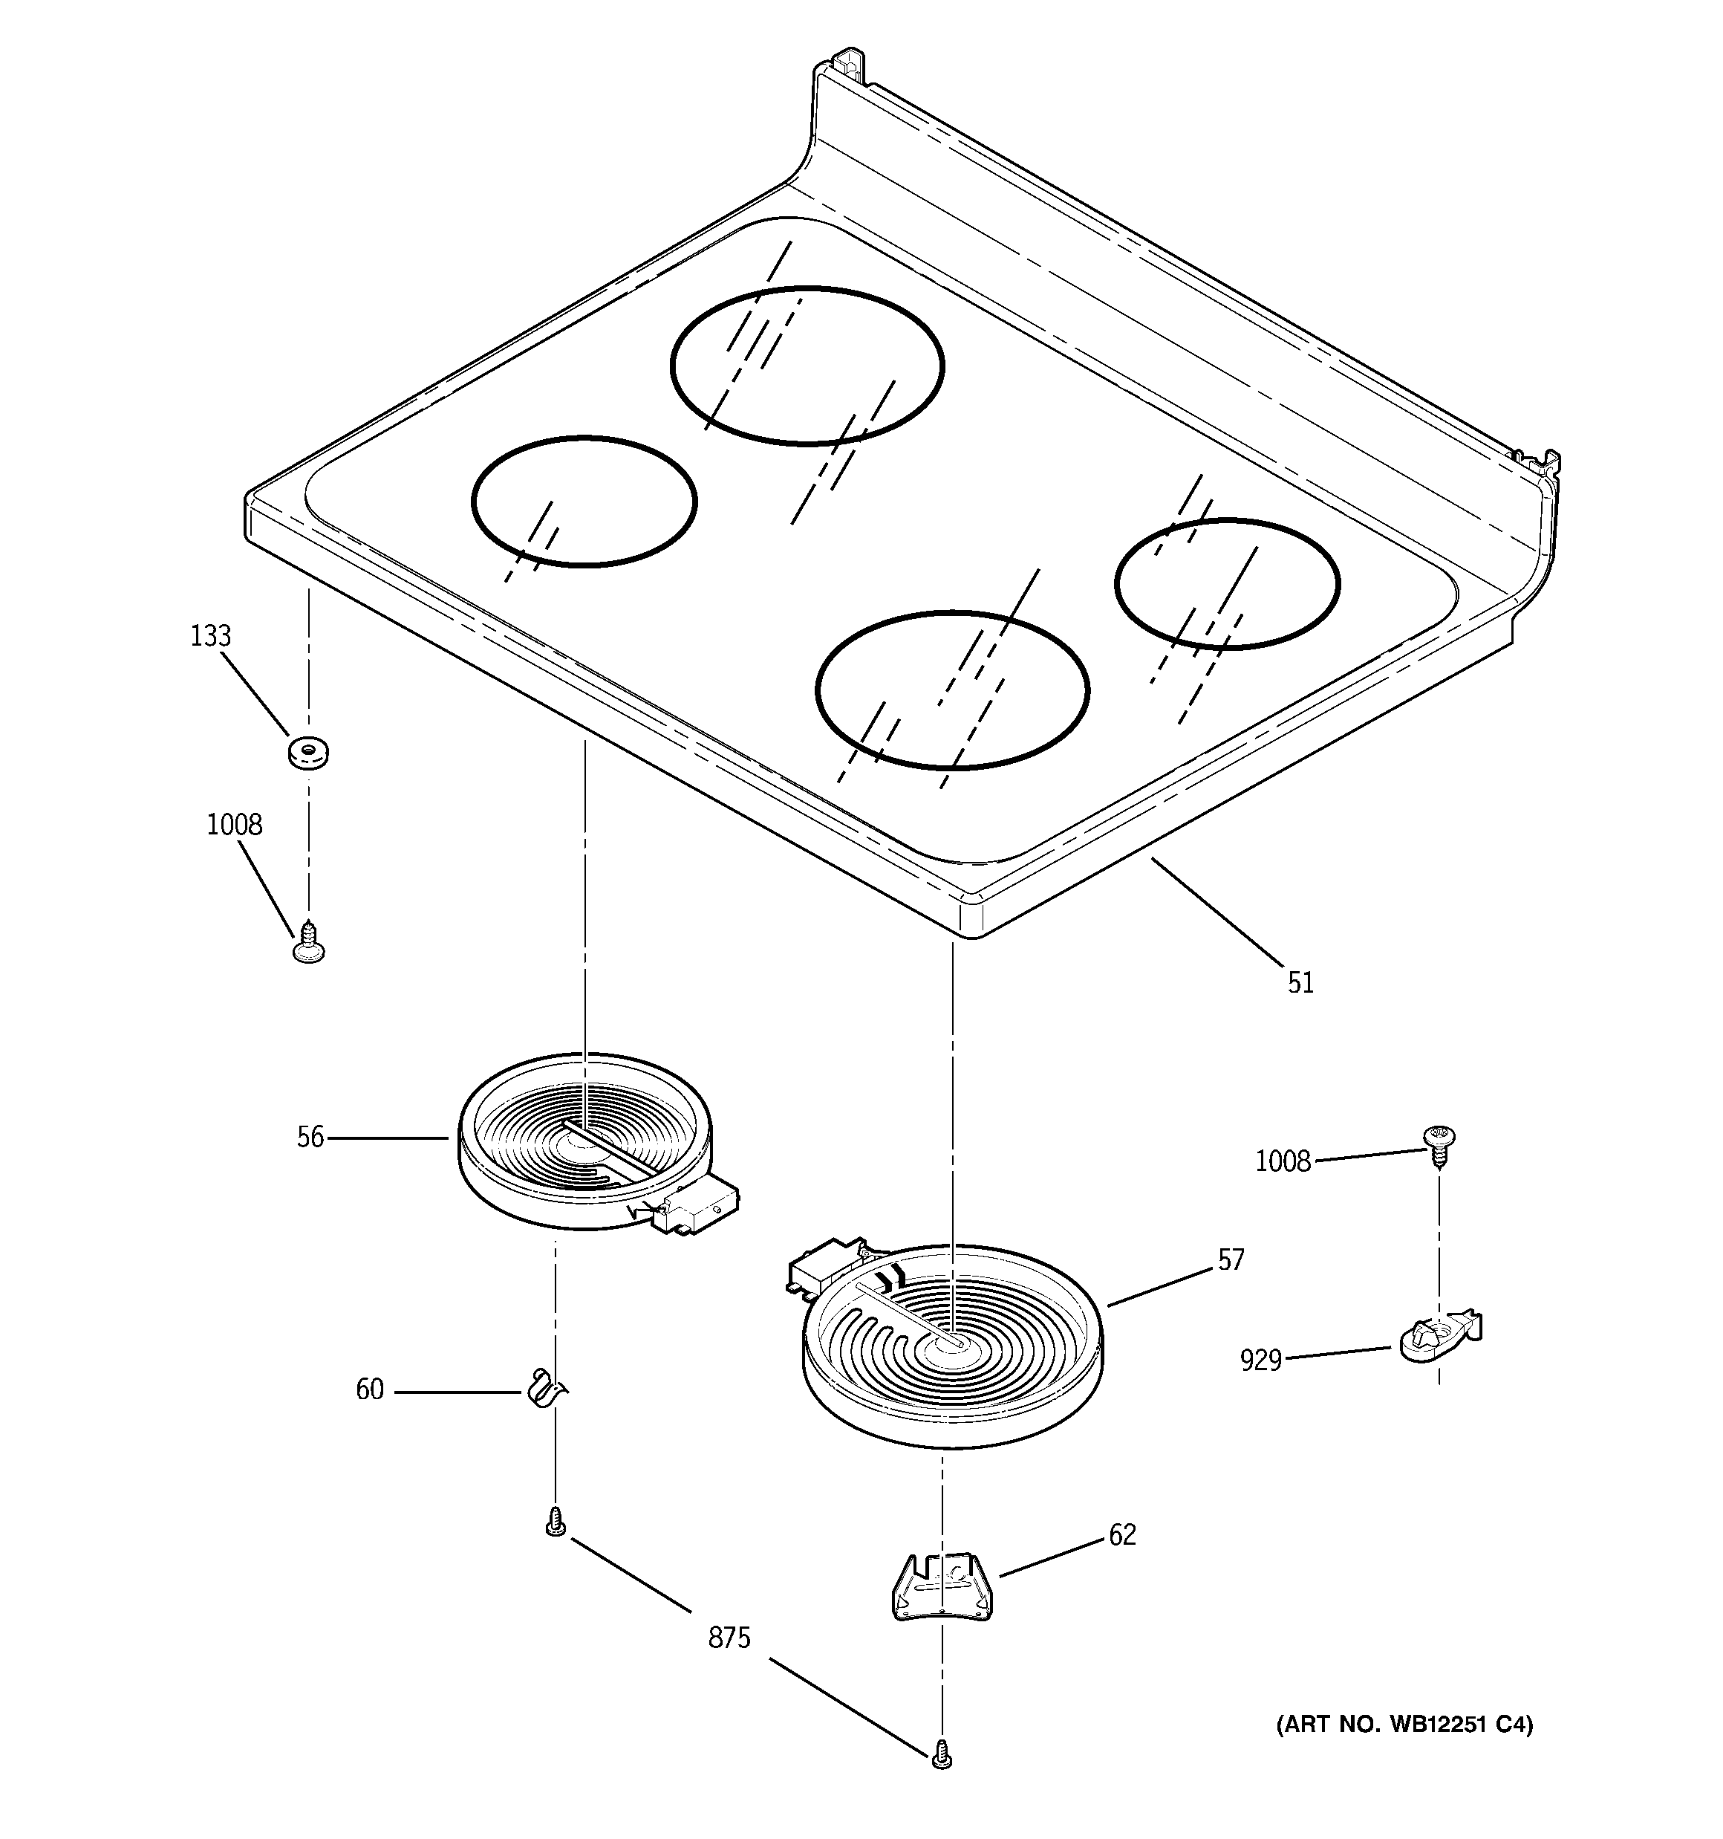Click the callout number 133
coord(210,637)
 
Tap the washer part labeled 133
coord(309,751)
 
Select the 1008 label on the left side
coord(234,824)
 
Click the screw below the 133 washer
coord(309,943)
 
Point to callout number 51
coord(1300,983)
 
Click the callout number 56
coord(310,1138)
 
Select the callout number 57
coord(1230,1260)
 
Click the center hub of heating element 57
coord(951,1341)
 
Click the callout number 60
coord(369,1390)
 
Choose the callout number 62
coord(1122,1534)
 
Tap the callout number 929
coord(1260,1360)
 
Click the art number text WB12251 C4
coord(1404,1725)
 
